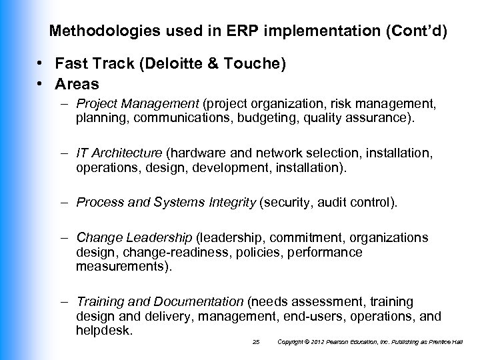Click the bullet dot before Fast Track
41,64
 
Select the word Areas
78,84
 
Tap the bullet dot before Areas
41,84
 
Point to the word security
285,202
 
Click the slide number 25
256,342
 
